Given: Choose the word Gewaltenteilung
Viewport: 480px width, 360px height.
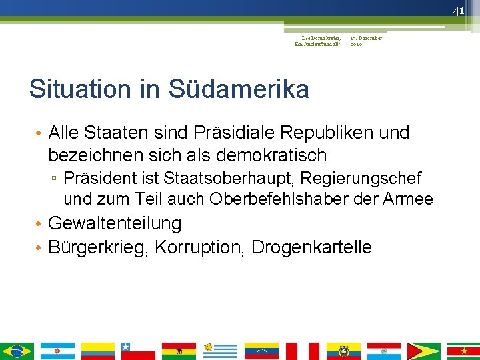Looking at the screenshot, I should coord(115,223).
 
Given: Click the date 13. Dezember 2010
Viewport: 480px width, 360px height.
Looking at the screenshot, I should coord(366,41).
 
